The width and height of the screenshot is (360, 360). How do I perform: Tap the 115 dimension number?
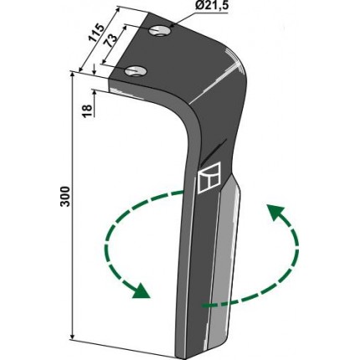(x=97, y=33)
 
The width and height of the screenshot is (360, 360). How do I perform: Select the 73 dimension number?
(x=111, y=41)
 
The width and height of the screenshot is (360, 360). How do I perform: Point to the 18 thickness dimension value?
(x=87, y=111)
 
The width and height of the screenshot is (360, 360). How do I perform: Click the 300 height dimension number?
(x=64, y=196)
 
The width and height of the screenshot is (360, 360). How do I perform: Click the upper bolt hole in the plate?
(x=158, y=31)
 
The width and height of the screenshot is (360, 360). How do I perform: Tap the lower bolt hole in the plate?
(x=136, y=71)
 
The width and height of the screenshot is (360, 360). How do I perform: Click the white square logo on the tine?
(x=209, y=177)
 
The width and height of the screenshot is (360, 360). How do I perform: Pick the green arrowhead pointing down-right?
(x=141, y=291)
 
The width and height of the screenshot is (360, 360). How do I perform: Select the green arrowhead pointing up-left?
(x=275, y=212)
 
